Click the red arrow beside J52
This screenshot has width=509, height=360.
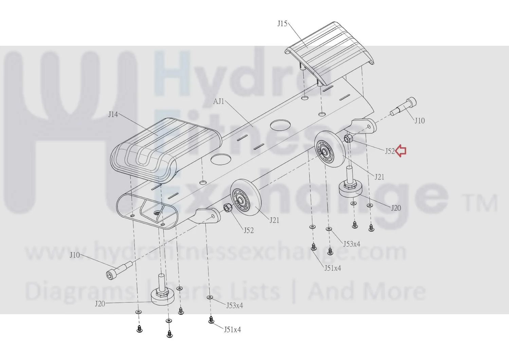[401, 151]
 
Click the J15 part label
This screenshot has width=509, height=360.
[282, 24]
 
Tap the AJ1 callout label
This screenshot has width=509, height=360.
[219, 101]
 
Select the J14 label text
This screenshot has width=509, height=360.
[113, 114]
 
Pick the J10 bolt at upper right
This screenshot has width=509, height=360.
[403, 107]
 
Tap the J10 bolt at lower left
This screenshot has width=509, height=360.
[119, 270]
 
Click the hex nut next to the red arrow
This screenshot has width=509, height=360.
[348, 138]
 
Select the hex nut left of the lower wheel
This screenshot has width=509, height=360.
[228, 208]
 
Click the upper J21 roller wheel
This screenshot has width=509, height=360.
[329, 149]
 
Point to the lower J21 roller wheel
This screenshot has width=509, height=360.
[246, 198]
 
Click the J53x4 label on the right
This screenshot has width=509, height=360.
[351, 244]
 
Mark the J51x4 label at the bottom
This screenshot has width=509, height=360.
[233, 329]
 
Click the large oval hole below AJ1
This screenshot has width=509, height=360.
[280, 125]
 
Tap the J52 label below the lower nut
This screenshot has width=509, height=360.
[249, 231]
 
